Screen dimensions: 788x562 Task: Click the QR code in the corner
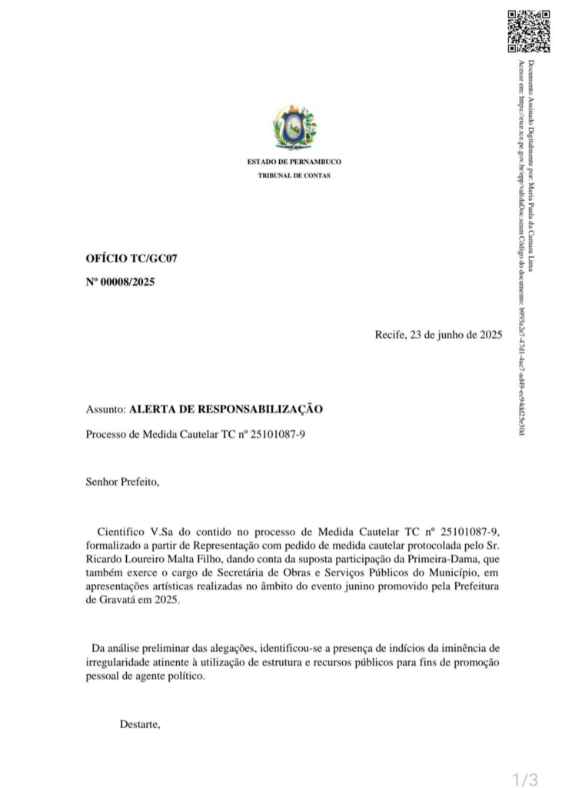[x=529, y=31]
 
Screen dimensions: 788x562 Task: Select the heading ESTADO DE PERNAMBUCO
[x=294, y=162]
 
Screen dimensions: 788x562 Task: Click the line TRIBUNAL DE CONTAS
[x=294, y=176]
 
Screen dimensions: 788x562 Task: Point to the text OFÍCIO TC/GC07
[x=131, y=259]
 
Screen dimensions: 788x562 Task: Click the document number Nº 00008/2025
[x=120, y=282]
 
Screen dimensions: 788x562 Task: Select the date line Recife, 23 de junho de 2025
[x=438, y=335]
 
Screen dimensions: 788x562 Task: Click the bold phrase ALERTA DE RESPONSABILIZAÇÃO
[x=225, y=409]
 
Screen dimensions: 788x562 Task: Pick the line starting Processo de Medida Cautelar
[x=196, y=434]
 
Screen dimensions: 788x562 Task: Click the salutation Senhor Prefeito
[x=122, y=482]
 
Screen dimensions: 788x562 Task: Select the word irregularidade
[x=120, y=663]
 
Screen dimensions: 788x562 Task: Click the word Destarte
[x=140, y=723]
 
